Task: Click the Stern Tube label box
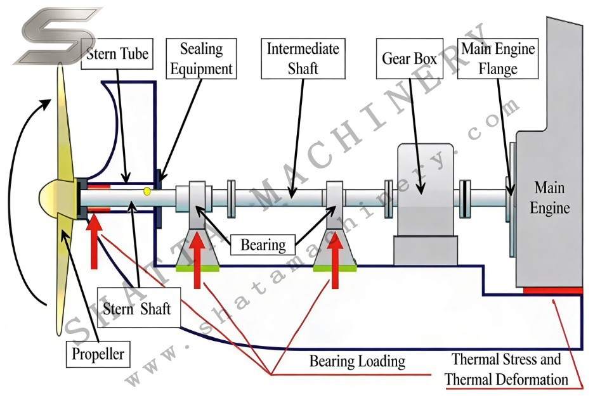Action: click(x=118, y=54)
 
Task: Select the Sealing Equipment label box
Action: click(x=202, y=58)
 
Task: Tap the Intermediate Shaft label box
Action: click(x=303, y=58)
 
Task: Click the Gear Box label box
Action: click(x=409, y=59)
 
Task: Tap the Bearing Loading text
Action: click(x=357, y=361)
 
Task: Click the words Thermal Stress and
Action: click(x=506, y=360)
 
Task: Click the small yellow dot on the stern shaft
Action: click(x=147, y=191)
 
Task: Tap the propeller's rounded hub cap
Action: click(x=56, y=197)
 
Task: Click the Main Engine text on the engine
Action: click(x=549, y=198)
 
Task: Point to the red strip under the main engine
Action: click(x=553, y=290)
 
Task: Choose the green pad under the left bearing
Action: click(x=198, y=269)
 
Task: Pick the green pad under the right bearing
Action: click(x=335, y=269)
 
